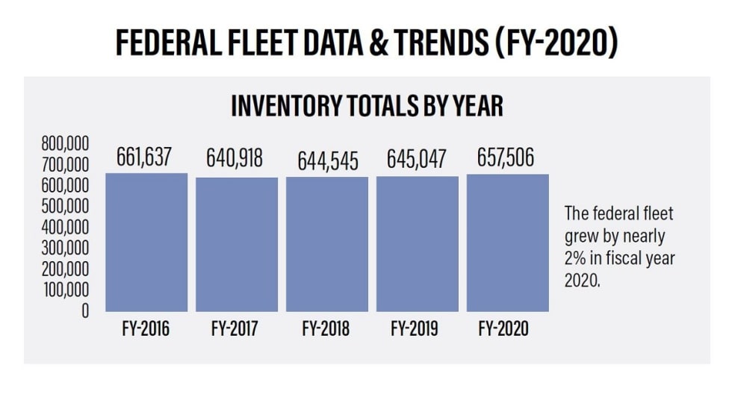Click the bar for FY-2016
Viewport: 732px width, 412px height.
pyautogui.click(x=146, y=243)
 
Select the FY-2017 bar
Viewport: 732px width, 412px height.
pyautogui.click(x=237, y=244)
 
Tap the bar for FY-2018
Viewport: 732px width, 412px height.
pyautogui.click(x=327, y=244)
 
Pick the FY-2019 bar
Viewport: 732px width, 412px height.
pyautogui.click(x=418, y=244)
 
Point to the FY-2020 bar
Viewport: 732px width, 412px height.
pyautogui.click(x=508, y=243)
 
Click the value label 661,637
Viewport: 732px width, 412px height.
pyautogui.click(x=145, y=157)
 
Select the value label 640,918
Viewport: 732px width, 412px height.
pyautogui.click(x=235, y=158)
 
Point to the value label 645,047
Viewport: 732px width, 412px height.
pyautogui.click(x=417, y=159)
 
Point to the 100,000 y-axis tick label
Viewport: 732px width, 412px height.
pyautogui.click(x=65, y=290)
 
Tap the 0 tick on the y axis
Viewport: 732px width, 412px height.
pyautogui.click(x=84, y=310)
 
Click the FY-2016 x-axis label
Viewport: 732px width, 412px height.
pyautogui.click(x=146, y=329)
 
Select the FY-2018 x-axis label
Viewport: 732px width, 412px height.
pyautogui.click(x=326, y=329)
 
